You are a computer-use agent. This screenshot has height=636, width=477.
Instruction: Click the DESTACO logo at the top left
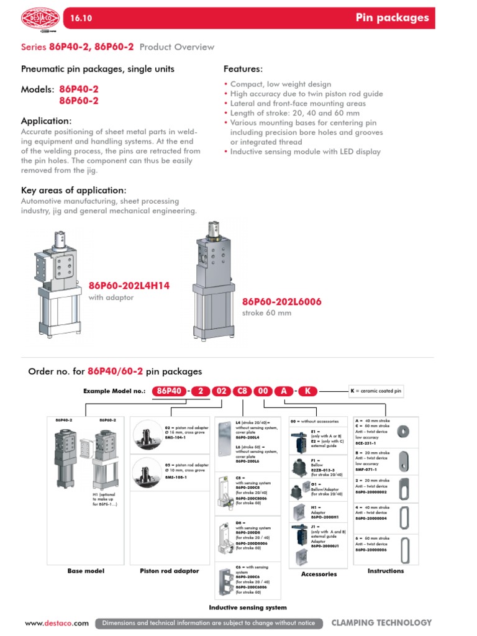pyautogui.click(x=39, y=19)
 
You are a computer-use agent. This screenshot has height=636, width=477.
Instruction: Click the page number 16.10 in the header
pyautogui.click(x=82, y=19)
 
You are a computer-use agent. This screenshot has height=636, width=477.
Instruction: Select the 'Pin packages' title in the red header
pyautogui.click(x=392, y=18)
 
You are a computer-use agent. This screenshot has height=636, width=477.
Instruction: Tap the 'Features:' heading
pyautogui.click(x=243, y=69)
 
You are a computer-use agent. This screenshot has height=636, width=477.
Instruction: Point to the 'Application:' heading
pyautogui.click(x=47, y=121)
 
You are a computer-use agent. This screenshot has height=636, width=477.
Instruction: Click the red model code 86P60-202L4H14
pyautogui.click(x=129, y=286)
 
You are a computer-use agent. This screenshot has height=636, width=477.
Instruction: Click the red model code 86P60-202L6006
pyautogui.click(x=282, y=302)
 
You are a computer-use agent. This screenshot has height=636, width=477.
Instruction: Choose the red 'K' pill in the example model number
pyautogui.click(x=308, y=391)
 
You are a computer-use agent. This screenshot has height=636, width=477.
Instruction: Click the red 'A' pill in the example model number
pyautogui.click(x=284, y=391)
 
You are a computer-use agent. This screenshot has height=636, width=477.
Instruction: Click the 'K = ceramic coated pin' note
pyautogui.click(x=376, y=391)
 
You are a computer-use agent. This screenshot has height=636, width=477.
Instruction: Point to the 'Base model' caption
pyautogui.click(x=86, y=571)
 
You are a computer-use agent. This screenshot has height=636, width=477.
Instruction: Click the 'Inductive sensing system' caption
pyautogui.click(x=248, y=607)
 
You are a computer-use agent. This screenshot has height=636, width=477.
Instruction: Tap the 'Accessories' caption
pyautogui.click(x=319, y=575)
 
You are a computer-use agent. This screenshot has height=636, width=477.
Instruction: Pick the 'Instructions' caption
pyautogui.click(x=386, y=571)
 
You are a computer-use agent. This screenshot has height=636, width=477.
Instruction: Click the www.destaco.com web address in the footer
pyautogui.click(x=57, y=623)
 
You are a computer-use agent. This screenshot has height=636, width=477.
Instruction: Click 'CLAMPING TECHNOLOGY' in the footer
pyautogui.click(x=381, y=622)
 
